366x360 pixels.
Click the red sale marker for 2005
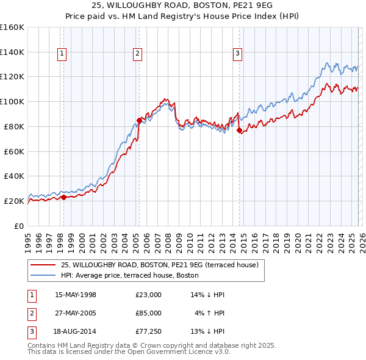click(x=139, y=120)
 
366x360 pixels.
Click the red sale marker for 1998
click(x=63, y=197)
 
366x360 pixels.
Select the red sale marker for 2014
click(x=239, y=130)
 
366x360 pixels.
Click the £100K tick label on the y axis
click(x=12, y=101)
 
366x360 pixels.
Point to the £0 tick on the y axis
click(x=18, y=226)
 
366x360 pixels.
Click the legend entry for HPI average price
click(x=129, y=275)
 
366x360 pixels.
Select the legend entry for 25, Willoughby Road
click(x=160, y=265)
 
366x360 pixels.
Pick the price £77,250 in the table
click(x=148, y=331)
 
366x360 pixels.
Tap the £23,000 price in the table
click(x=148, y=295)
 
